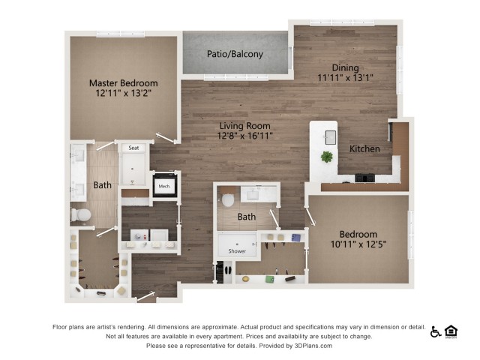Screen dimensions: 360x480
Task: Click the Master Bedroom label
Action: pyautogui.click(x=123, y=82)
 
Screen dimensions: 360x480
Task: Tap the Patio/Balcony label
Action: pyautogui.click(x=235, y=54)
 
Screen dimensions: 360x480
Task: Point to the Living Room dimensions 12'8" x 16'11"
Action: pyautogui.click(x=245, y=136)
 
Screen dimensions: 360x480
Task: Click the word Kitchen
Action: pyautogui.click(x=364, y=149)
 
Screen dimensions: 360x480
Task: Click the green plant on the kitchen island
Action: pyautogui.click(x=327, y=157)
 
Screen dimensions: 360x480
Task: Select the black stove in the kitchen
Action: pyautogui.click(x=364, y=178)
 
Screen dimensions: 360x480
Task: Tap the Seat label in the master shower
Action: pyautogui.click(x=133, y=148)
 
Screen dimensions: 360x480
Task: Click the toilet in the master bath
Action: pyautogui.click(x=81, y=215)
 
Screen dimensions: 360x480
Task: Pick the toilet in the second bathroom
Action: pyautogui.click(x=229, y=200)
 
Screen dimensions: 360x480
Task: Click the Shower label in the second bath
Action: pyautogui.click(x=236, y=252)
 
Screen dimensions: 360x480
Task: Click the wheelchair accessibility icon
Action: pyautogui.click(x=436, y=331)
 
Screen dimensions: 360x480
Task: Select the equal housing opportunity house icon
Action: pyautogui.click(x=451, y=331)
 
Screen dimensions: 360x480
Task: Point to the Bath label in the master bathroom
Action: pyautogui.click(x=102, y=185)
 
